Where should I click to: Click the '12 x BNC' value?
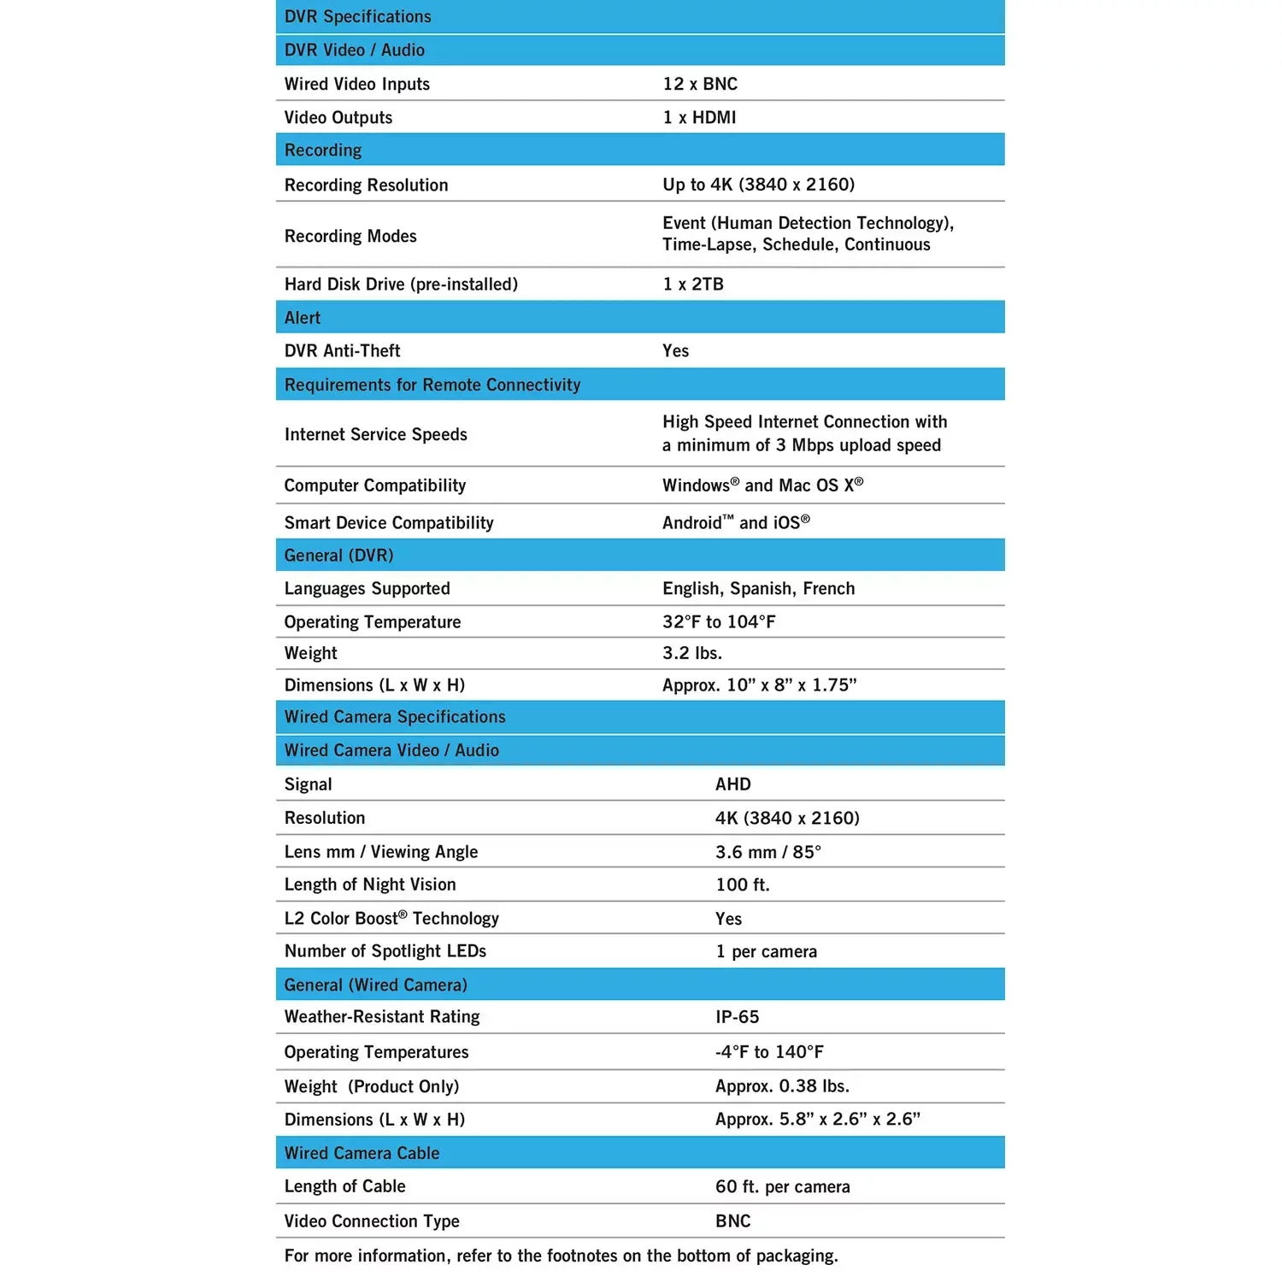click(x=700, y=84)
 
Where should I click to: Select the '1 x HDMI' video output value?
click(x=699, y=117)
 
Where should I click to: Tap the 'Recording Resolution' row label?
click(x=366, y=185)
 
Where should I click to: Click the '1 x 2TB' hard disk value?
click(x=693, y=284)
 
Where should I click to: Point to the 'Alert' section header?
click(x=303, y=318)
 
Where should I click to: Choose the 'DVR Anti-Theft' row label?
click(x=342, y=350)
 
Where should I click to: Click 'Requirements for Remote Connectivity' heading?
click(x=432, y=385)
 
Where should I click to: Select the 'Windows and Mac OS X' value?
click(x=762, y=485)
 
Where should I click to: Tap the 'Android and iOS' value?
click(x=736, y=522)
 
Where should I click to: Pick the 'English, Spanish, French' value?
click(x=758, y=588)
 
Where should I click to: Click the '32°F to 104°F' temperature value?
click(x=719, y=621)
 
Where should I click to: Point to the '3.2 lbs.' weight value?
click(x=692, y=653)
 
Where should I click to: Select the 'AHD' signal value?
click(x=733, y=784)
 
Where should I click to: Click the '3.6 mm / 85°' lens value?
click(x=767, y=851)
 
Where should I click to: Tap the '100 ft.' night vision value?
click(x=743, y=885)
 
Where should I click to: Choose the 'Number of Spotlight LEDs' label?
click(x=385, y=951)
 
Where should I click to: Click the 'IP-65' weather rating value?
click(x=737, y=1017)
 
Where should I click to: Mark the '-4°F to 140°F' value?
click(x=769, y=1052)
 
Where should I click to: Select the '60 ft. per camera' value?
click(x=782, y=1186)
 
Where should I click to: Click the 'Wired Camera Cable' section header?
click(x=362, y=1153)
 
